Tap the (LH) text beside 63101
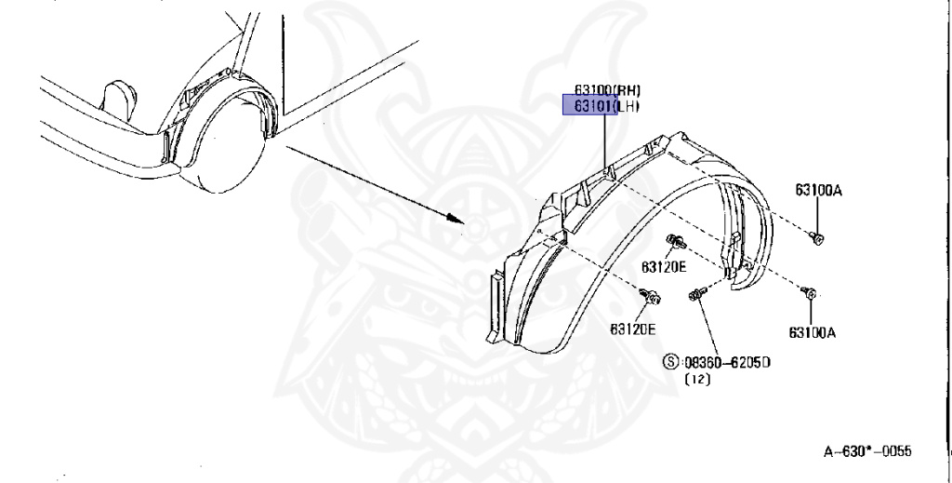(629, 106)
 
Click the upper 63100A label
(818, 191)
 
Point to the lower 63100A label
(813, 331)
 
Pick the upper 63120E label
(663, 267)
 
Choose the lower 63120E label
(633, 329)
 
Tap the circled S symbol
(670, 361)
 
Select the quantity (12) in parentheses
(696, 380)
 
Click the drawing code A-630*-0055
(867, 451)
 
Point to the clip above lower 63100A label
(809, 294)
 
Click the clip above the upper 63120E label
(675, 244)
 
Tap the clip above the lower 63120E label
(652, 298)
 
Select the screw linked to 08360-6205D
(695, 296)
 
